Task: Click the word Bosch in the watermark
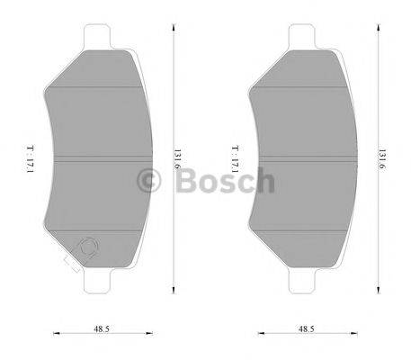[226, 181]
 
